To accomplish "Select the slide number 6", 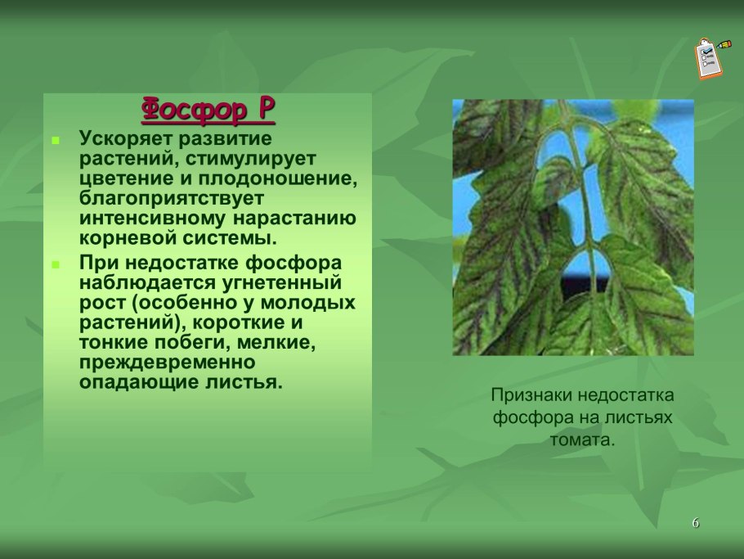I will (696, 523).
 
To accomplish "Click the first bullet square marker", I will (56, 141).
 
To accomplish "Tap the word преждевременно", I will (168, 363).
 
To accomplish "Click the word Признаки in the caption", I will (531, 395).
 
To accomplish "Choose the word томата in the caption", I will (579, 440).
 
